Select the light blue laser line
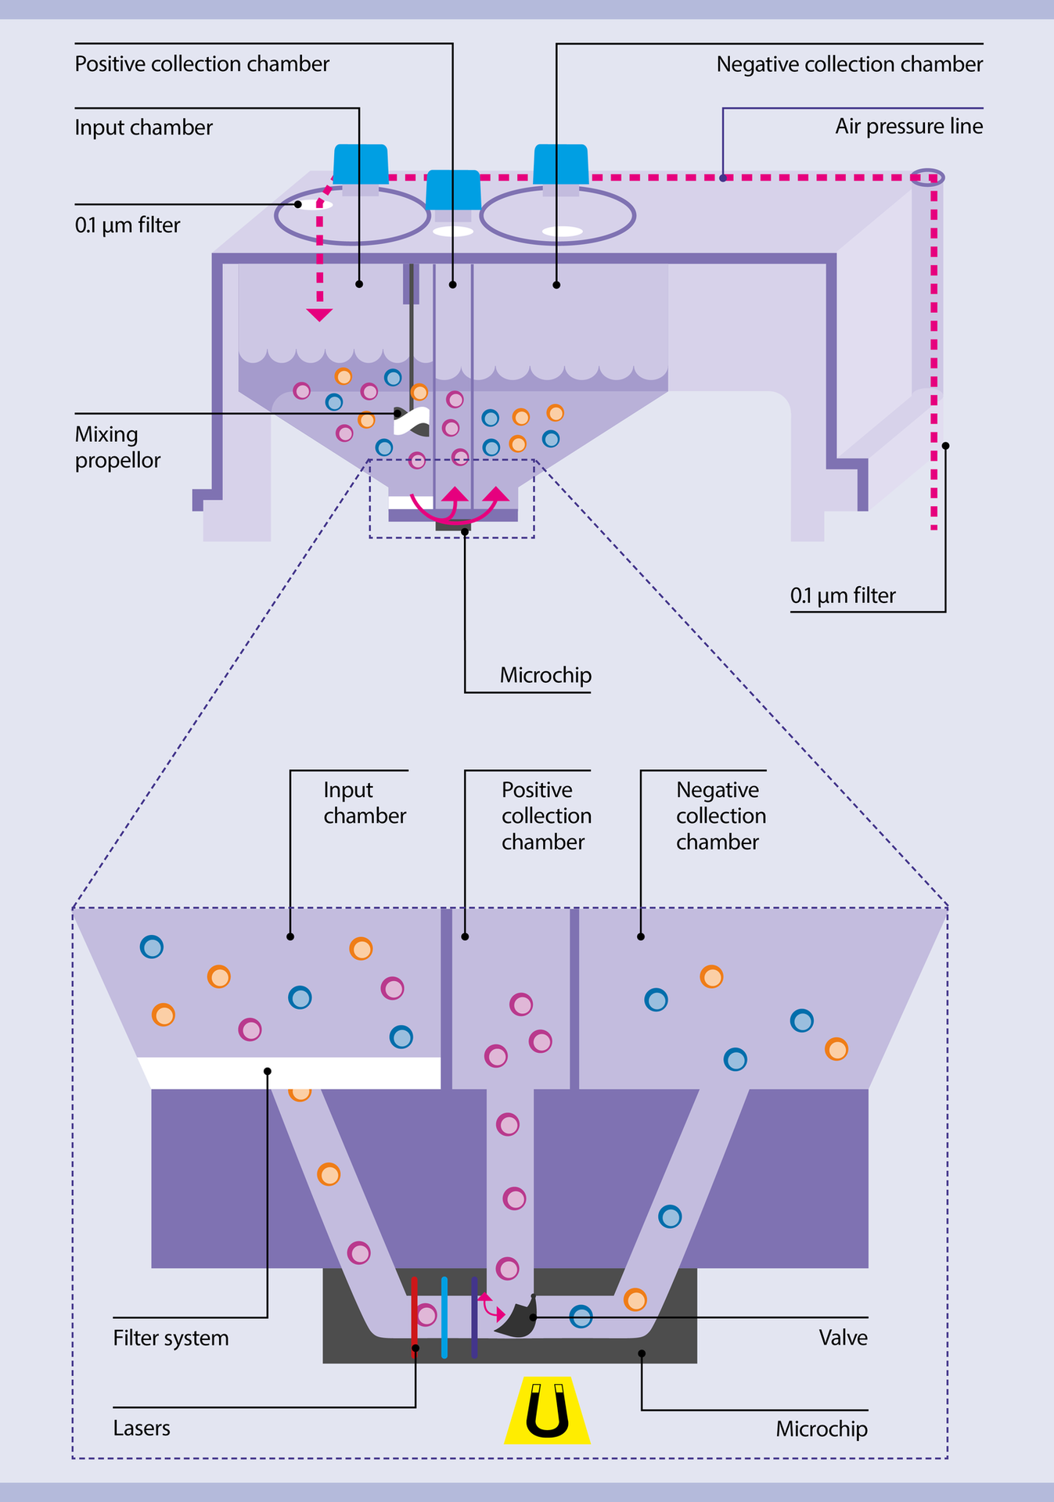[x=444, y=1317]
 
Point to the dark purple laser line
[x=474, y=1317]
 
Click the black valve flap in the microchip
[x=516, y=1319]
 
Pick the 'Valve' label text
[x=843, y=1338]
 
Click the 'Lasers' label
[x=142, y=1428]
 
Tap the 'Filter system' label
[x=171, y=1338]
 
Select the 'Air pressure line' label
[x=908, y=127]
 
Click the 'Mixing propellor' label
[x=117, y=447]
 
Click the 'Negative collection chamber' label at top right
[x=849, y=64]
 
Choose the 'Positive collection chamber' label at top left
[x=202, y=64]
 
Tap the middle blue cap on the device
[x=453, y=189]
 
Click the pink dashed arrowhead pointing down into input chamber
[x=319, y=314]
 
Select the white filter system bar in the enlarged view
[x=290, y=1073]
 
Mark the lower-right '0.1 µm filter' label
[x=843, y=596]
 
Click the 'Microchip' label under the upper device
[x=545, y=675]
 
